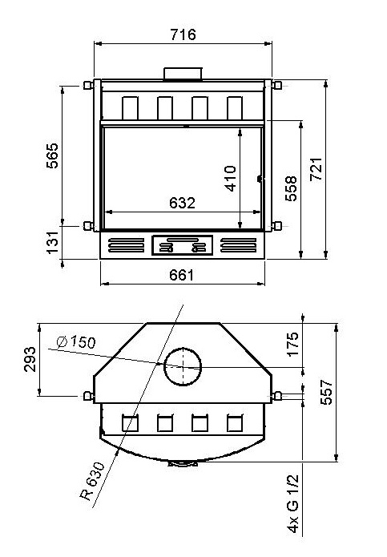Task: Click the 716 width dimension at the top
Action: click(x=183, y=34)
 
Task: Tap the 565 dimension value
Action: click(x=52, y=155)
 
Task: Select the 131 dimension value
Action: click(x=52, y=242)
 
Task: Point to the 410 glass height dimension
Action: click(x=231, y=179)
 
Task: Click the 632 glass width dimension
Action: click(x=182, y=203)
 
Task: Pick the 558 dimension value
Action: click(x=291, y=188)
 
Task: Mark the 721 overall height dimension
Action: click(x=316, y=169)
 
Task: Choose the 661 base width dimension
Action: click(x=181, y=275)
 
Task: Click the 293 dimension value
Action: click(x=30, y=359)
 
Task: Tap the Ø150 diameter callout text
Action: click(x=76, y=341)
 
